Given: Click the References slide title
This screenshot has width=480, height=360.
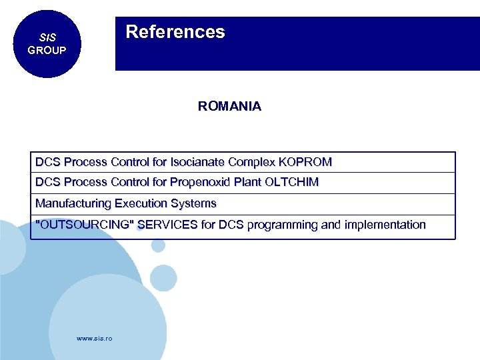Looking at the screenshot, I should (175, 32).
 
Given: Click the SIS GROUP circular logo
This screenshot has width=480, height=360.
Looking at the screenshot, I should (47, 44).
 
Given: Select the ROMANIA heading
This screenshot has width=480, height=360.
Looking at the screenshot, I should (229, 107).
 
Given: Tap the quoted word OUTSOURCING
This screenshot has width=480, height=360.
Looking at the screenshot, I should (84, 225).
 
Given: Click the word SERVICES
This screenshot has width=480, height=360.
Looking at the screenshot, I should (167, 225).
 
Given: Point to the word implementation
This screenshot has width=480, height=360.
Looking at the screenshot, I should (384, 225).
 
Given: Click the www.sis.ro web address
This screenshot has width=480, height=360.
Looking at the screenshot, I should (95, 339).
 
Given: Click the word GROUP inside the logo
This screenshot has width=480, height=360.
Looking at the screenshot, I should (47, 51).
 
